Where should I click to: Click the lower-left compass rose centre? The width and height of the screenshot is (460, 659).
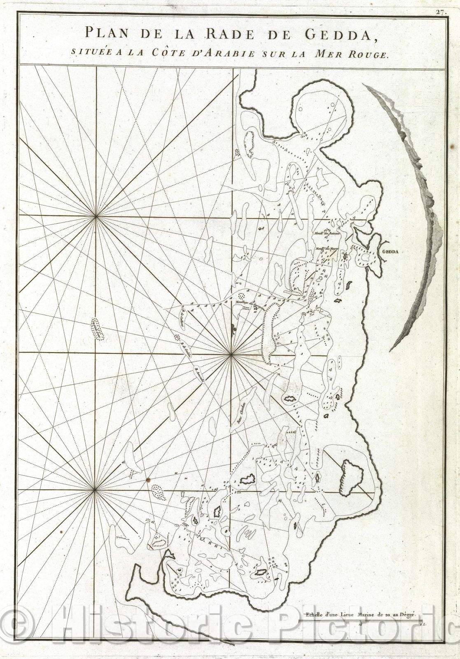(x=95, y=490)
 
